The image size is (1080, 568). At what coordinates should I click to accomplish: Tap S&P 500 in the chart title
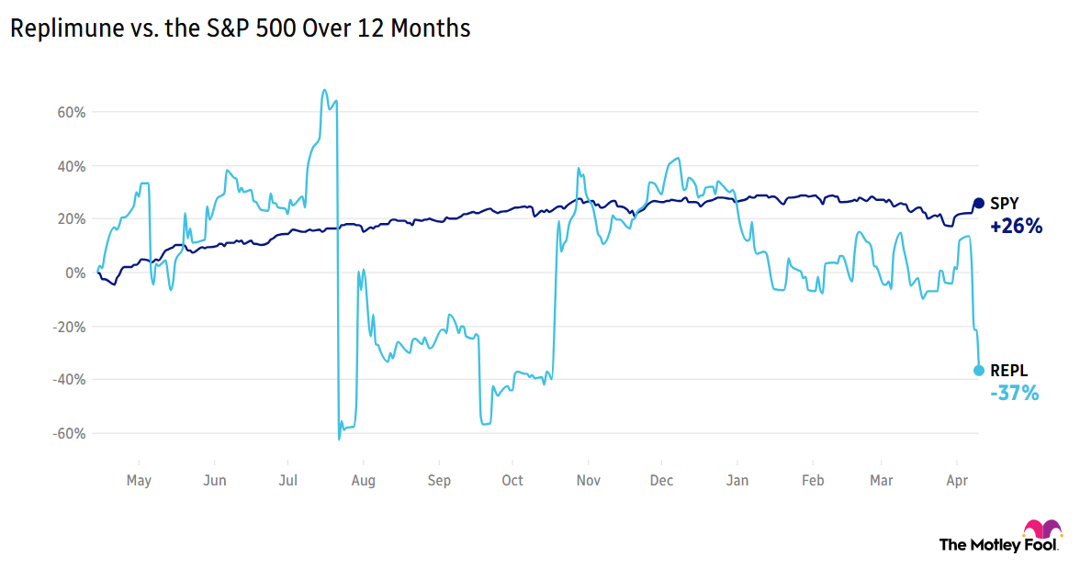218,28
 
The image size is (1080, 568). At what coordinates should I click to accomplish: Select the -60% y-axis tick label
70,433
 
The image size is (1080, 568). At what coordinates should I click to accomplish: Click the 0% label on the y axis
76,273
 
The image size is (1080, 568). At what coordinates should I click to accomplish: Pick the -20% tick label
70,327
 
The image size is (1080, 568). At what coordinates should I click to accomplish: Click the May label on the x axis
139,480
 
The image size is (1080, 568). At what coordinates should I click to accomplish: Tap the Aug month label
363,480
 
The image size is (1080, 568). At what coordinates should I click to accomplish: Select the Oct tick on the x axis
512,480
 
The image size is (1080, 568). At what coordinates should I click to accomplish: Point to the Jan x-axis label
737,480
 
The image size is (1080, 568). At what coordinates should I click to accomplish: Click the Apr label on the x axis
957,480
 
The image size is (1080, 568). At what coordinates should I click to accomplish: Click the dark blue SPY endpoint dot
979,204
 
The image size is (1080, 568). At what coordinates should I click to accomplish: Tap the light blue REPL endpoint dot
979,371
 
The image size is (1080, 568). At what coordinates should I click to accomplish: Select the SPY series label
1004,204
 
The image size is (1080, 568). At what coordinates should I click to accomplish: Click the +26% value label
1016,227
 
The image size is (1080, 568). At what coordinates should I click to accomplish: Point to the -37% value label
1014,394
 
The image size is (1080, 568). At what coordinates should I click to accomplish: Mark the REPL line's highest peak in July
324,90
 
